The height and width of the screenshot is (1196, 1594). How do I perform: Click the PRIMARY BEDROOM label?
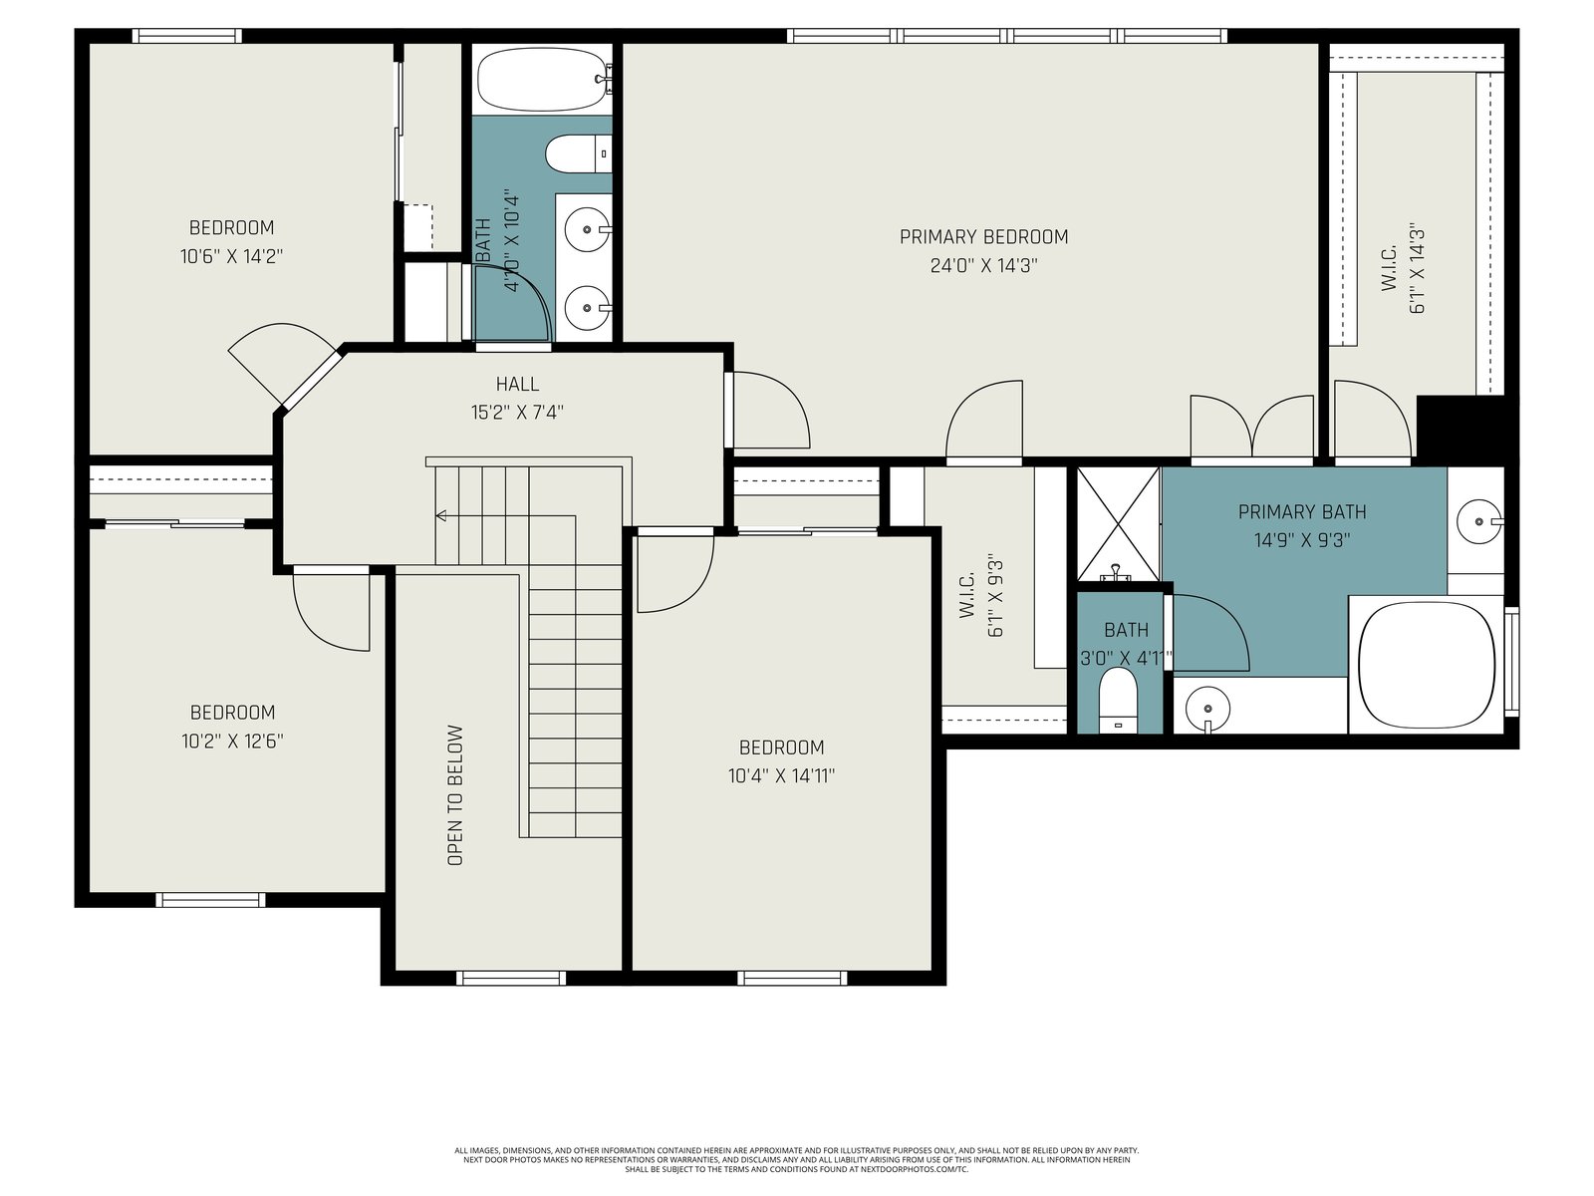coord(983,237)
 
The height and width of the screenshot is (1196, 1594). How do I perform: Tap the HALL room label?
coord(517,384)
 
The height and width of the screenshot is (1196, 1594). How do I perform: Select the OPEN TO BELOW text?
coord(455,794)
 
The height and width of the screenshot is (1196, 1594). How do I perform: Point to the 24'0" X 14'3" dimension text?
coord(983,266)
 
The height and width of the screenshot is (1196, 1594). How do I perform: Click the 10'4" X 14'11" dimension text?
coord(781,776)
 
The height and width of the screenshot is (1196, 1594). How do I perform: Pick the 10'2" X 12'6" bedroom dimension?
coord(232,741)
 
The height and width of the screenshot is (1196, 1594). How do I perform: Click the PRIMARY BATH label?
coord(1302,512)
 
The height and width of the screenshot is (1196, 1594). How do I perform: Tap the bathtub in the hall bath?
coord(542,79)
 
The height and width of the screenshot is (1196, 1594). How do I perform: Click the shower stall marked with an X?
coord(1119,523)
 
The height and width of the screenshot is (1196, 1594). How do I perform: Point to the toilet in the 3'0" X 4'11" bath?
coord(1118,700)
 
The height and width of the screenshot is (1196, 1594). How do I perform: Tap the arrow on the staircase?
coord(506,516)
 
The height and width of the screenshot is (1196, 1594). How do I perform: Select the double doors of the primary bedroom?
coord(1252,427)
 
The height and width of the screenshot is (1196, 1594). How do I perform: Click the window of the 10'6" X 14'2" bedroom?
coord(186,36)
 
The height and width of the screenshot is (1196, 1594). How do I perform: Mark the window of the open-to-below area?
coord(511,978)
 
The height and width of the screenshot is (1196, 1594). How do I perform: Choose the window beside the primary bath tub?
coord(1511,662)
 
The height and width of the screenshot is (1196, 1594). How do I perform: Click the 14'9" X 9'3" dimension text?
coord(1302,540)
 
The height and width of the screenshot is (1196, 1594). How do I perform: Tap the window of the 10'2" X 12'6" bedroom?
coord(210,900)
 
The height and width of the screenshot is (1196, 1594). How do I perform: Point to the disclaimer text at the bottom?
coord(797,1160)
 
